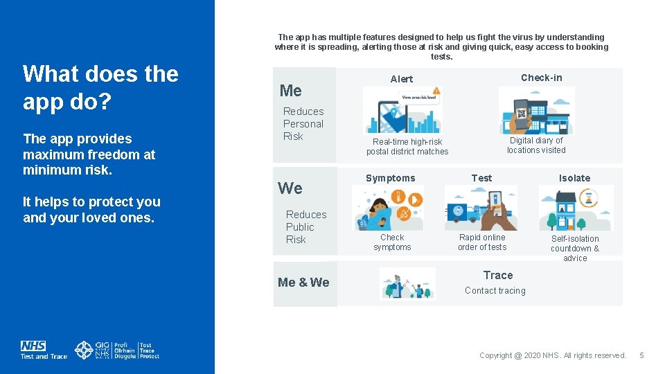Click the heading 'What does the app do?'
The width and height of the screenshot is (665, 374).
[x=100, y=87]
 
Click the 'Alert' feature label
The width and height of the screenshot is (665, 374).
[x=401, y=79]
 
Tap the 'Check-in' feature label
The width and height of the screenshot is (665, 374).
[x=541, y=78]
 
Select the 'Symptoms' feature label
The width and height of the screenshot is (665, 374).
[x=390, y=178]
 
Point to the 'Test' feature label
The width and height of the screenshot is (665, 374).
[x=481, y=178]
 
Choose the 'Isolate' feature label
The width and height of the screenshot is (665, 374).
[x=574, y=178]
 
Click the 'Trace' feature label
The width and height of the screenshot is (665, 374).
[x=497, y=276]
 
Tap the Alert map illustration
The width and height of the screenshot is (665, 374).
[x=402, y=110]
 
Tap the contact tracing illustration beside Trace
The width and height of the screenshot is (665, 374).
[x=407, y=283]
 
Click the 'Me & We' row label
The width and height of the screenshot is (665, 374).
[x=303, y=283]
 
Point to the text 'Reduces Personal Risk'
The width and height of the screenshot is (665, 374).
[x=303, y=124]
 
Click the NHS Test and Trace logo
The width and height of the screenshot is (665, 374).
[x=44, y=350]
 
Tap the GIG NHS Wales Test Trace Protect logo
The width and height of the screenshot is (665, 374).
[x=117, y=350]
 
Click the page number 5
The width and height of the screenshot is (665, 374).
[x=641, y=355]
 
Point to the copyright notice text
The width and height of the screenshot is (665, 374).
[x=552, y=355]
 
